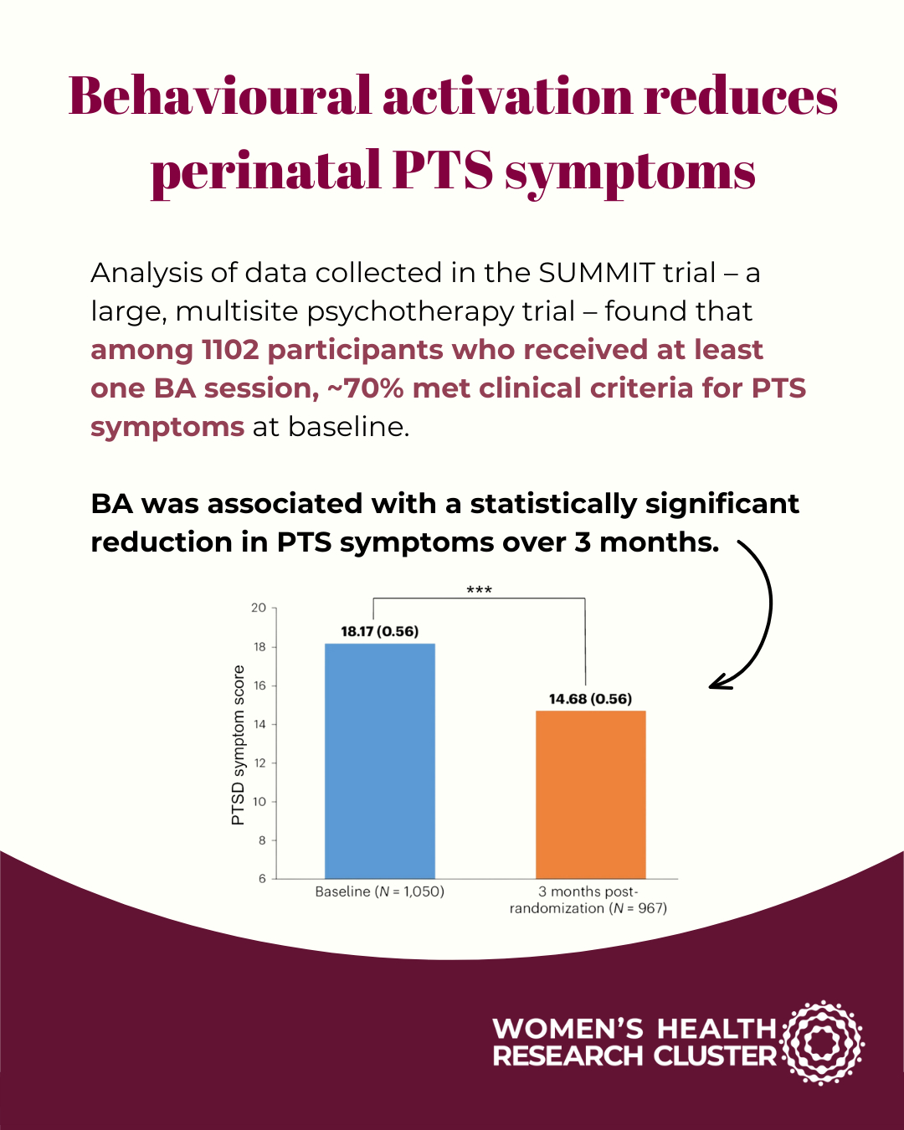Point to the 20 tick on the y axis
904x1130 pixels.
tap(259, 608)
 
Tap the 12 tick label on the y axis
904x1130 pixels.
tap(259, 763)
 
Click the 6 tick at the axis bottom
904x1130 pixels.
tap(262, 878)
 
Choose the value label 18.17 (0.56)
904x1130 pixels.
tap(379, 631)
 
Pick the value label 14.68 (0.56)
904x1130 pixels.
tap(590, 699)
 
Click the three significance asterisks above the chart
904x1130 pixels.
tap(479, 591)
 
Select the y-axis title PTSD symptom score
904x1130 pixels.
tap(239, 745)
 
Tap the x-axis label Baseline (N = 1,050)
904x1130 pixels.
tap(379, 891)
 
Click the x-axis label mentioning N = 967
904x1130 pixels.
tap(588, 908)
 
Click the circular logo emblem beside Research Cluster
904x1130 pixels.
tap(822, 1042)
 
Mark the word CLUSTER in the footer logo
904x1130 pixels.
tap(715, 1056)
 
